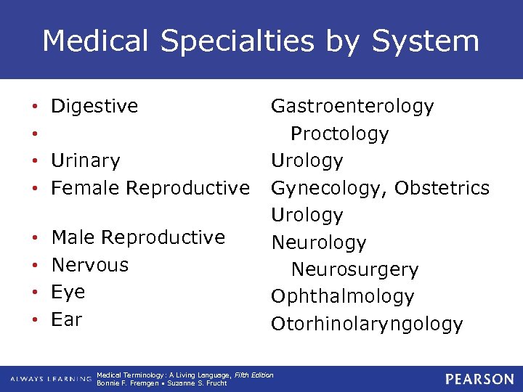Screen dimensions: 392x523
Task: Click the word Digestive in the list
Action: (94, 107)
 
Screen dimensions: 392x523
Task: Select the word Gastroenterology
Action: (352, 107)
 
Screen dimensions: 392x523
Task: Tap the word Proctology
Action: (349, 134)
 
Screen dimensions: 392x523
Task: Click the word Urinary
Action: (86, 160)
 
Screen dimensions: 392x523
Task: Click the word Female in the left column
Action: (86, 188)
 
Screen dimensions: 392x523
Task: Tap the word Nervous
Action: (90, 265)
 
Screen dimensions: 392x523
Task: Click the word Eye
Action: (68, 292)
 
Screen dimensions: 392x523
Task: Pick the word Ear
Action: (67, 319)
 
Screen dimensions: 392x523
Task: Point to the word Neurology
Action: (318, 242)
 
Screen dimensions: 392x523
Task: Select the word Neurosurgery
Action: (354, 270)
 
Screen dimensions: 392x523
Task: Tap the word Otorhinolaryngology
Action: (366, 324)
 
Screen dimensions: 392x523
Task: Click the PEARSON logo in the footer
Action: (479, 379)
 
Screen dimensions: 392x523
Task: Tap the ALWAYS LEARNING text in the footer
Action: (50, 379)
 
